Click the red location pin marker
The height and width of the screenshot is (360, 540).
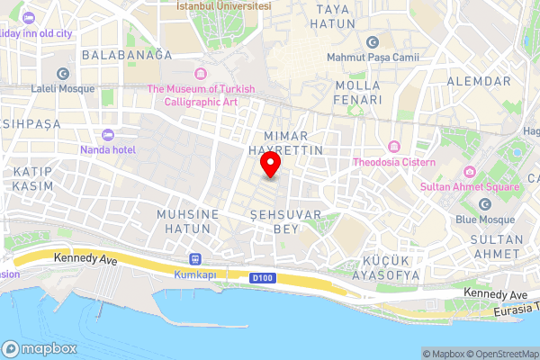(x=270, y=165)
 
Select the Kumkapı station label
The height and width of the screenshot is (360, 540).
(x=195, y=274)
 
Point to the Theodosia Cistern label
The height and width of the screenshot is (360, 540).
(x=394, y=162)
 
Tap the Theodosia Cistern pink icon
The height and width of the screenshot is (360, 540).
(x=393, y=147)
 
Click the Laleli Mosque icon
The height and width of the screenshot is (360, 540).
(x=62, y=74)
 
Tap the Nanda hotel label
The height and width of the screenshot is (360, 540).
(x=108, y=149)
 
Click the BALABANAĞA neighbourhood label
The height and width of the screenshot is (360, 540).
(x=126, y=55)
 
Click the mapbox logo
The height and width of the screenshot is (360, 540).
(x=40, y=348)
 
